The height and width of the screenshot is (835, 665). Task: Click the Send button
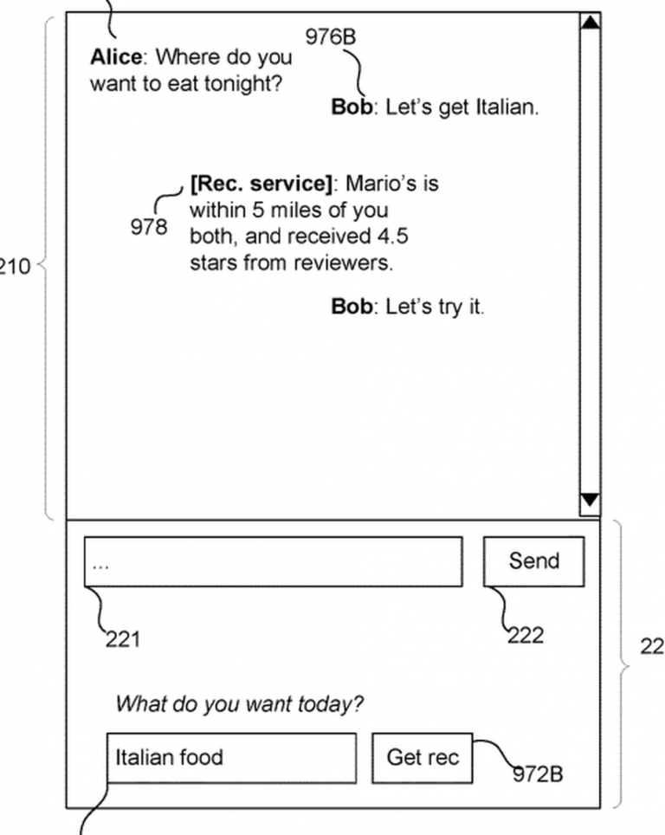coord(533,561)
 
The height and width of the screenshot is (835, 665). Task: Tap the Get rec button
coord(423,758)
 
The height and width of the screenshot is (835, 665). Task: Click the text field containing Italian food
coord(230,758)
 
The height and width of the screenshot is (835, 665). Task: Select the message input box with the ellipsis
coord(273,561)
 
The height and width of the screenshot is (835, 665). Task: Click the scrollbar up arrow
coord(590,23)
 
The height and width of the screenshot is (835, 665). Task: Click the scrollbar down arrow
coord(590,500)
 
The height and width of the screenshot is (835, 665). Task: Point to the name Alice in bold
coord(116,58)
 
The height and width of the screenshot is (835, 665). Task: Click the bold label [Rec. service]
coord(261,184)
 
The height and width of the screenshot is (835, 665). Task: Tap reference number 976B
coord(330,36)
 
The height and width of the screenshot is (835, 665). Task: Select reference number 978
coord(149,227)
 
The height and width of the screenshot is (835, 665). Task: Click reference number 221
coord(122,640)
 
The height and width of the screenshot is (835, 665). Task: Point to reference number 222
coord(526,635)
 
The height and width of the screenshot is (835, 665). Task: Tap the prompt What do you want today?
coord(240,703)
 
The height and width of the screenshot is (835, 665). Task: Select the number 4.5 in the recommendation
coord(391,236)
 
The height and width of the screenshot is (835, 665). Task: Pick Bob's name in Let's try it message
coord(351,307)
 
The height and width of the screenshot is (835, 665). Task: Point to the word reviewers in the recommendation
coord(345,262)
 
